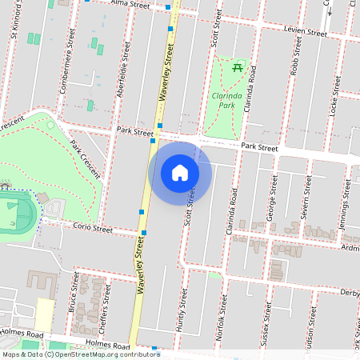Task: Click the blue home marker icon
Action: coord(180,173)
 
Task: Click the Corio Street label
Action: coord(93,228)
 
